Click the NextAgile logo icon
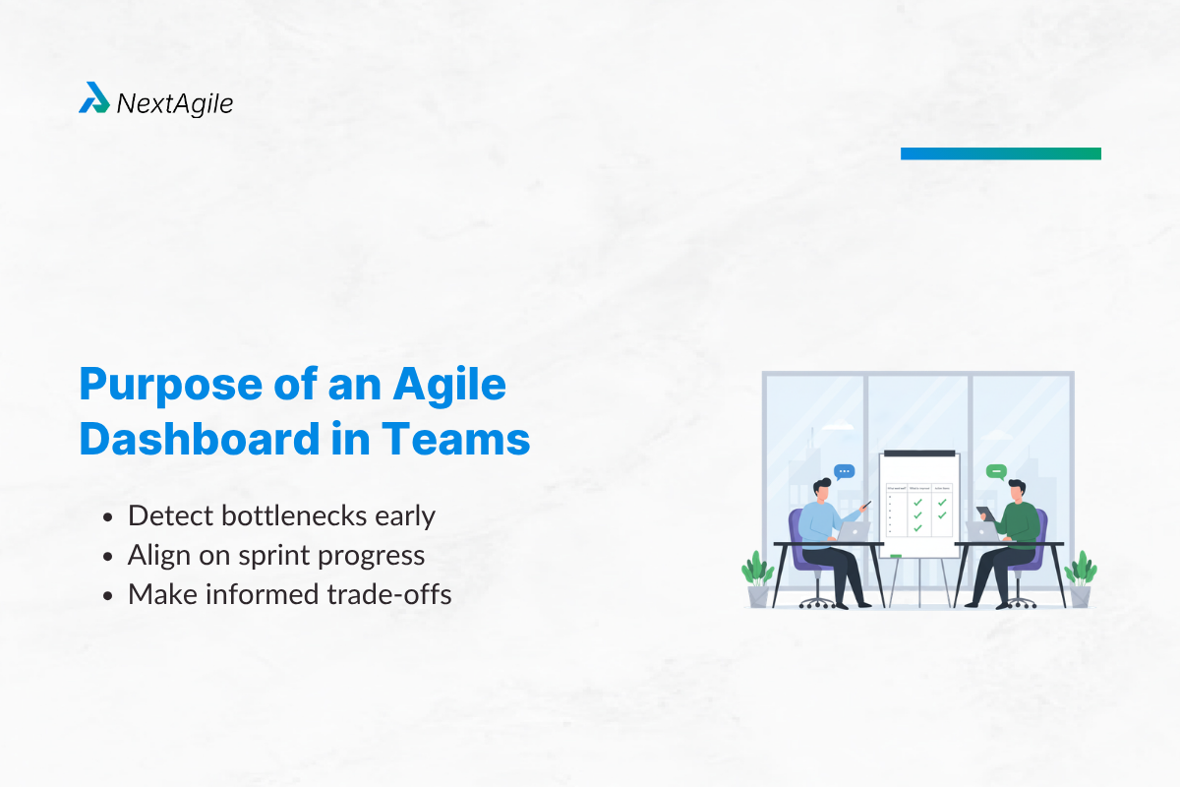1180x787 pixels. point(94,97)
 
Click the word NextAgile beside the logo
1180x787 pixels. point(175,102)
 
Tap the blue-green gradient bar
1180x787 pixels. point(1000,153)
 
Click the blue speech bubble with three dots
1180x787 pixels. point(844,472)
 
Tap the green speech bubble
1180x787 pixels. point(996,472)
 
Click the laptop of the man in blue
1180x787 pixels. point(854,531)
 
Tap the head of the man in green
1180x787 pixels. point(1016,489)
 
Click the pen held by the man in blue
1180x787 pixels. point(865,505)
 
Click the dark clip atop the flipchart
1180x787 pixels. point(919,454)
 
